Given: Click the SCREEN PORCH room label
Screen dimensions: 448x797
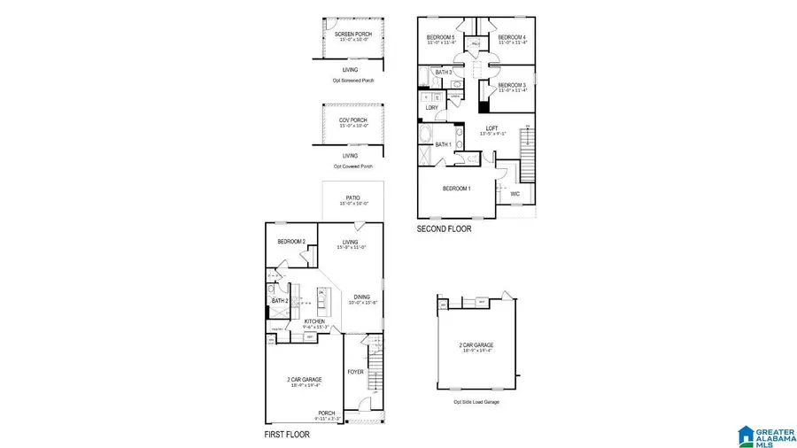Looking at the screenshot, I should click(x=353, y=35).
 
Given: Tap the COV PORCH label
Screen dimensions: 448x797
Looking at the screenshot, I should click(x=353, y=120).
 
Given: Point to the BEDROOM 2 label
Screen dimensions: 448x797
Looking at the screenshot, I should click(x=290, y=242).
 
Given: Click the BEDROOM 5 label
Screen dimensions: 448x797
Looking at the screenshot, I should click(x=440, y=37).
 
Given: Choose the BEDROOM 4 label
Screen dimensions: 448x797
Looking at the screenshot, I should click(x=512, y=37).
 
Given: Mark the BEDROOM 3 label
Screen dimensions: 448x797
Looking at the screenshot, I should click(x=512, y=85).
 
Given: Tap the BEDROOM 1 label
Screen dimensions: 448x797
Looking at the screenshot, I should click(x=457, y=189).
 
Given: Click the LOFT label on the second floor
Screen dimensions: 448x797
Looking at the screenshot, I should click(x=491, y=128).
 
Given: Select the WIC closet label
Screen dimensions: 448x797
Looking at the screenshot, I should click(x=515, y=193).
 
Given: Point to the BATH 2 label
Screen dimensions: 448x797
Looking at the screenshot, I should click(x=280, y=301).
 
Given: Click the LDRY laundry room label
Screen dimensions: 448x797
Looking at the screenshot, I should click(x=432, y=108).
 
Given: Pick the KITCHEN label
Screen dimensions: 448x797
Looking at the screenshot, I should click(x=315, y=321).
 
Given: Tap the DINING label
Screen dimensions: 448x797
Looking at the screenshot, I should click(x=362, y=297).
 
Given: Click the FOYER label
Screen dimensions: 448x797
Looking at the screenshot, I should click(x=355, y=372).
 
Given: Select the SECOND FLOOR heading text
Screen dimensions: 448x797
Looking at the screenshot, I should click(x=444, y=228).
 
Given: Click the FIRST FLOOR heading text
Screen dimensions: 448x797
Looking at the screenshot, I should click(x=287, y=435).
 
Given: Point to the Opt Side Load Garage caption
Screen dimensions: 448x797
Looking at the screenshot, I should click(x=476, y=402).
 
